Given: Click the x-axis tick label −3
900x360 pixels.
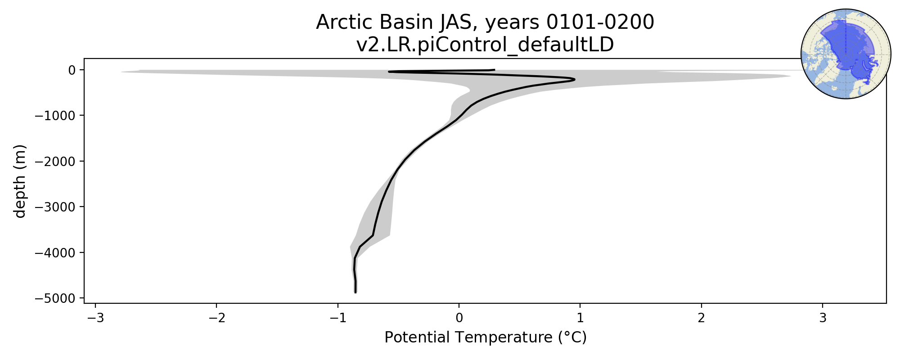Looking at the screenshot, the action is pyautogui.click(x=95, y=318).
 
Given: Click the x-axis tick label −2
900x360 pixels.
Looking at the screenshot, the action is pyautogui.click(x=216, y=318).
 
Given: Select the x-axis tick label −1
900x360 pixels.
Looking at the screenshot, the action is pyautogui.click(x=337, y=318).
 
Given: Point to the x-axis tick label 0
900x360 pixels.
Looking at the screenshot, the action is pyautogui.click(x=459, y=318).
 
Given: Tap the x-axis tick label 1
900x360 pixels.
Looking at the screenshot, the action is pyautogui.click(x=580, y=318).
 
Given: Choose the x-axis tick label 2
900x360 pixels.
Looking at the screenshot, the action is pyautogui.click(x=702, y=318).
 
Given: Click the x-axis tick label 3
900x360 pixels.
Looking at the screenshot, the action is pyautogui.click(x=823, y=318).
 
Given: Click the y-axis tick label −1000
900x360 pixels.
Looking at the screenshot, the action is pyautogui.click(x=55, y=116).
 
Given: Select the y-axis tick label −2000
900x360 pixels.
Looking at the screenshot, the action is pyautogui.click(x=55, y=161).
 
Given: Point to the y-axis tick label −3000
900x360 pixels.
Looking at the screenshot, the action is pyautogui.click(x=55, y=207).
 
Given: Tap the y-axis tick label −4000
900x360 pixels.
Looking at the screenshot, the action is pyautogui.click(x=55, y=252).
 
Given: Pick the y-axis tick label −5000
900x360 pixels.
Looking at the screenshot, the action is pyautogui.click(x=55, y=298).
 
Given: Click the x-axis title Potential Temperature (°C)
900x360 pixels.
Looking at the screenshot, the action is pyautogui.click(x=486, y=337).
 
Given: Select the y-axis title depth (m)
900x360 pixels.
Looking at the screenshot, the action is pyautogui.click(x=20, y=181).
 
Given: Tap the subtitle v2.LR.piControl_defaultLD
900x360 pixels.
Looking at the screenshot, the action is pyautogui.click(x=485, y=45).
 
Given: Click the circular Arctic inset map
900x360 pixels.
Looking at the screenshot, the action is pyautogui.click(x=846, y=54).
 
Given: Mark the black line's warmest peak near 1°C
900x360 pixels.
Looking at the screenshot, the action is pyautogui.click(x=574, y=80).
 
